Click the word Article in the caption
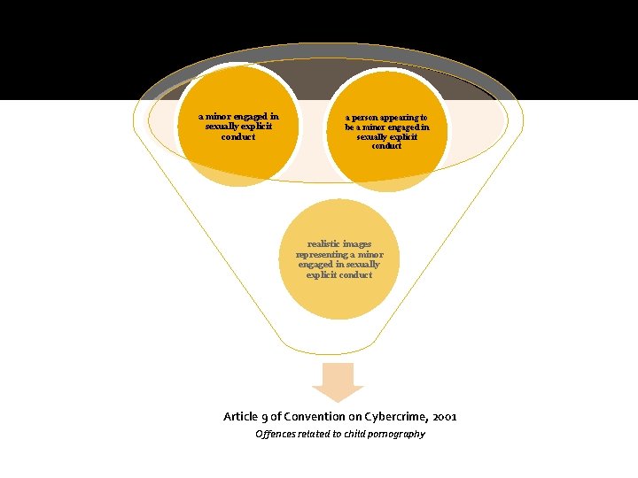241,416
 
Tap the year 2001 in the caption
445,416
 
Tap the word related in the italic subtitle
314,434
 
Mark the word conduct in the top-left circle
237,137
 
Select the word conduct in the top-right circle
386,146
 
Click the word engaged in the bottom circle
316,265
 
